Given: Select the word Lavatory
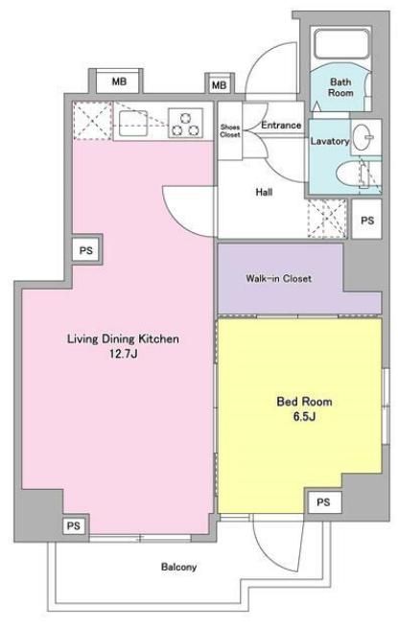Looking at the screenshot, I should pos(328,141).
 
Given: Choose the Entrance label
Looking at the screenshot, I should pos(282,126).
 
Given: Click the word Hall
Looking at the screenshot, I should pos(265,192).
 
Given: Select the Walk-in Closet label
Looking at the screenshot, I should pos(278,279).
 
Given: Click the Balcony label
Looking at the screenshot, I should pos(178,567).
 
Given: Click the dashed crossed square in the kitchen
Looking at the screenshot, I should pos(92,121).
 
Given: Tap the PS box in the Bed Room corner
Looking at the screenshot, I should pos(323,502).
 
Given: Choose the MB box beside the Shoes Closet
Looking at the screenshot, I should pos(219,85).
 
